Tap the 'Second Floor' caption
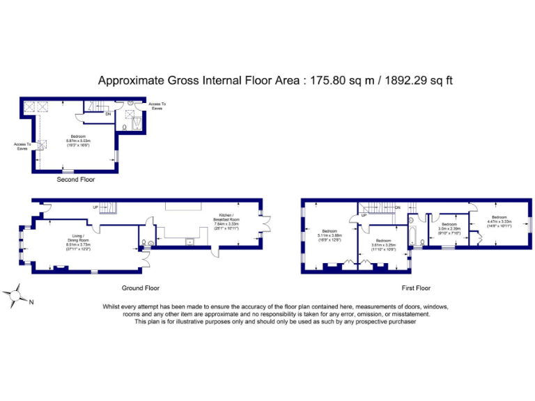click(77, 179)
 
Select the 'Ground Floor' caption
click(141, 288)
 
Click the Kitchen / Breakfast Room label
click(226, 223)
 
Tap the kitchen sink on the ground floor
click(189, 242)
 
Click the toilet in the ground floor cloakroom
click(144, 243)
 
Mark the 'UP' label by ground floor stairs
click(95, 207)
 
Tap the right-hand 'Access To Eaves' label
click(157, 106)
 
